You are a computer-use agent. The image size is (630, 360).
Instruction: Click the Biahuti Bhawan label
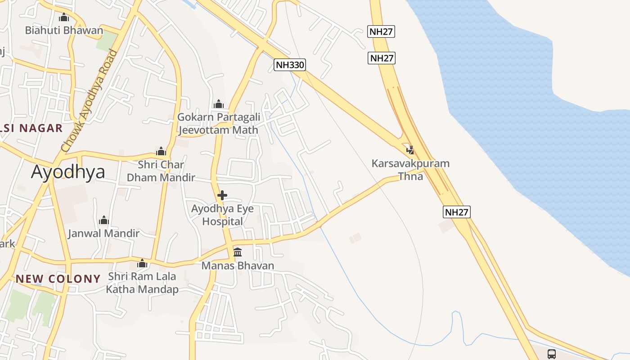(64, 31)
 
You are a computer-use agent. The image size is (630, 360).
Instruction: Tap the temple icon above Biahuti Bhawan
(64, 18)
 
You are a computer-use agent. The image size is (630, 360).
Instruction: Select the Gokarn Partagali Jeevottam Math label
(219, 124)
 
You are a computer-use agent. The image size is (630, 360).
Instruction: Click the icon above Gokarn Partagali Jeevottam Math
(219, 104)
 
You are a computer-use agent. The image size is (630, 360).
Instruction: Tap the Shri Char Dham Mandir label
(161, 171)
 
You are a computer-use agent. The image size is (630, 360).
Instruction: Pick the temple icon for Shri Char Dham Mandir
(161, 151)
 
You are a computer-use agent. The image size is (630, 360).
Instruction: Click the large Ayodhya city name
(68, 172)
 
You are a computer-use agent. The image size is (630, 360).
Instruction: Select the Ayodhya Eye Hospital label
(222, 215)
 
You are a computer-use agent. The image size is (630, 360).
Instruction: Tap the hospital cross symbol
(222, 195)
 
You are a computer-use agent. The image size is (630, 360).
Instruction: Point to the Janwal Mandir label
(104, 234)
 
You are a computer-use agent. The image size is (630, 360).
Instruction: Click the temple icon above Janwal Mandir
(104, 220)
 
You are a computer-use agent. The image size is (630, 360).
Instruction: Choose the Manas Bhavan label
(238, 265)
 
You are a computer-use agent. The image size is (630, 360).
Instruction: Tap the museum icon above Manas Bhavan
(238, 252)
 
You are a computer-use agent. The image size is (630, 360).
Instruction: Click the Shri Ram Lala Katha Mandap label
(142, 283)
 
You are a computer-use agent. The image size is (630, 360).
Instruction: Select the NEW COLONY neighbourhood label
(58, 279)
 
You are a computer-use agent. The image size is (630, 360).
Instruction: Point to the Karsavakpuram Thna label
(410, 170)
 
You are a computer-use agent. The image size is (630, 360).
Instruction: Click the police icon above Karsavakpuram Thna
(410, 150)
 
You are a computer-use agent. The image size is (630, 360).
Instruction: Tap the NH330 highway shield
(290, 65)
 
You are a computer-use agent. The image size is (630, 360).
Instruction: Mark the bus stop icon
(552, 354)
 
